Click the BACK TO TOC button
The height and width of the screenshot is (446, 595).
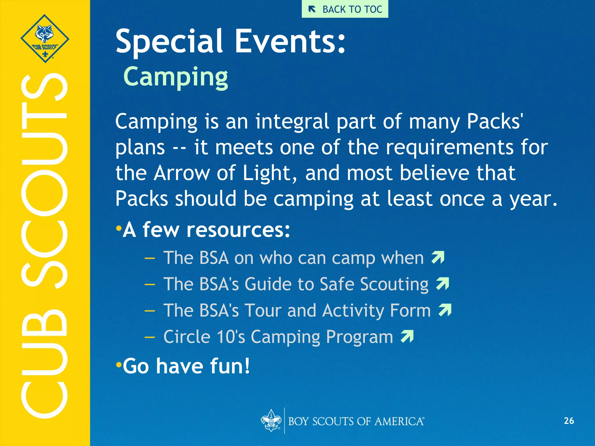pyautogui.click(x=345, y=9)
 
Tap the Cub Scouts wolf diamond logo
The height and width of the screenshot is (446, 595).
pyautogui.click(x=45, y=38)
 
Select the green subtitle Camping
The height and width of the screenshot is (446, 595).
pyautogui.click(x=176, y=77)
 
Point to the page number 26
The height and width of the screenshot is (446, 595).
pyautogui.click(x=569, y=421)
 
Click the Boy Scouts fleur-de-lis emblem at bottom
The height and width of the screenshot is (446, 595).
pyautogui.click(x=271, y=420)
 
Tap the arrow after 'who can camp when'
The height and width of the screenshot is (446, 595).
pyautogui.click(x=438, y=257)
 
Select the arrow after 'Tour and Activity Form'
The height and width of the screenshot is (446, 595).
pyautogui.click(x=445, y=310)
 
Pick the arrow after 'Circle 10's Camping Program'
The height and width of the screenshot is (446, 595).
pyautogui.click(x=407, y=337)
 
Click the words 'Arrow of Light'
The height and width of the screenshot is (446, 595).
pyautogui.click(x=222, y=173)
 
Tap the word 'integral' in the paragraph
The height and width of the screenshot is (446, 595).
pyautogui.click(x=292, y=121)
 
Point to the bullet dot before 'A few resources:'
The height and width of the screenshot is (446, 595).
pyautogui.click(x=118, y=228)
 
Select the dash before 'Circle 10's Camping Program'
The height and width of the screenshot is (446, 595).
pyautogui.click(x=150, y=337)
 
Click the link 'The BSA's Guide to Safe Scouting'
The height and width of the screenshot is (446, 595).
pyautogui.click(x=296, y=284)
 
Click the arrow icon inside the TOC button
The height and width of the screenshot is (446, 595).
pyautogui.click(x=312, y=10)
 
